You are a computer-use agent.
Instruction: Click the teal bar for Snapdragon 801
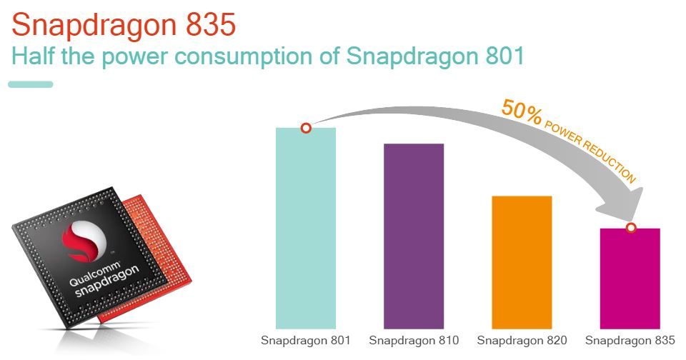click(x=306, y=229)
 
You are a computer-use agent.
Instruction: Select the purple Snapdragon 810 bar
click(x=414, y=236)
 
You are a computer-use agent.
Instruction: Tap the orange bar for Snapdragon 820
click(x=522, y=261)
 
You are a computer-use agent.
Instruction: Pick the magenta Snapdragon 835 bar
click(x=630, y=279)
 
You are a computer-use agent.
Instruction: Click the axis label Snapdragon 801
click(x=306, y=340)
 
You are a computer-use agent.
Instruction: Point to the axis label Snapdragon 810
click(x=414, y=340)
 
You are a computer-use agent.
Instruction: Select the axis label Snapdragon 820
click(x=522, y=340)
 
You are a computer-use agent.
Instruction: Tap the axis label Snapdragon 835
click(x=630, y=340)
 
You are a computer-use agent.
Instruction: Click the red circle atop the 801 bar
click(x=306, y=128)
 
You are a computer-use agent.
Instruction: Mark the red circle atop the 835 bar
click(x=630, y=228)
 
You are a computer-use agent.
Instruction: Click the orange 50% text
click(x=522, y=112)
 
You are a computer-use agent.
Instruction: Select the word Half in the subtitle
click(x=33, y=56)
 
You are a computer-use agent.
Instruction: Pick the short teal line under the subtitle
click(x=31, y=84)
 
